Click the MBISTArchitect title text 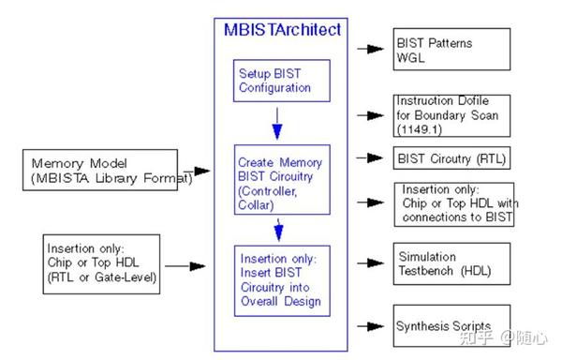[282, 29]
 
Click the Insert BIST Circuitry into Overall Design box [278, 280]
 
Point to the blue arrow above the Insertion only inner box [278, 229]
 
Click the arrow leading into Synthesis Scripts [374, 327]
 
